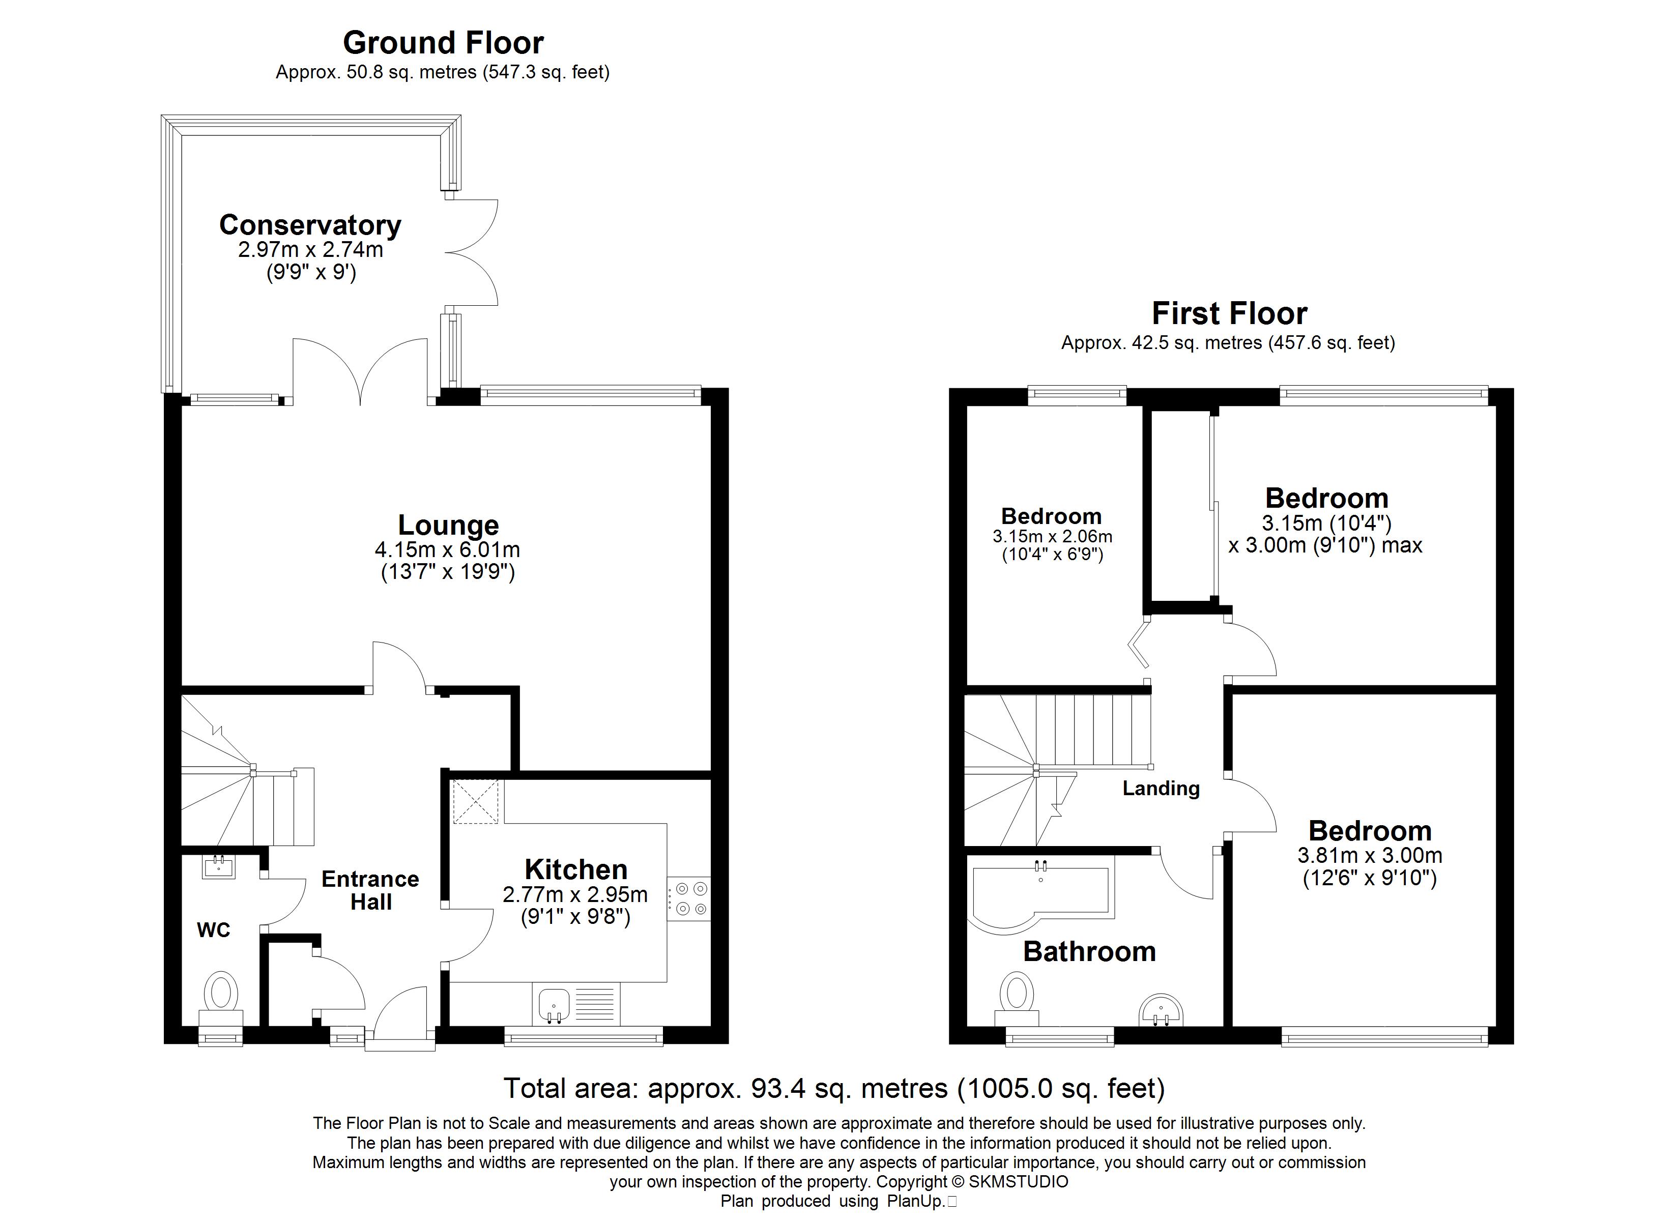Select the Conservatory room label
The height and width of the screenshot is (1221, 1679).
coord(310,225)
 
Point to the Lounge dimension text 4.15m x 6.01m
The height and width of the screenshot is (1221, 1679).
coord(447,549)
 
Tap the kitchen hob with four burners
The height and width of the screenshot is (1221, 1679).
coord(688,898)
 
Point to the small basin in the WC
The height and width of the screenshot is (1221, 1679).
coord(218,867)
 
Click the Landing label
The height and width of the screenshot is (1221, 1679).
coord(1161,789)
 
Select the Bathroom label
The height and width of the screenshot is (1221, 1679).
coord(1089,951)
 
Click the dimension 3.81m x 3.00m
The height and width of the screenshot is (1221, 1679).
coord(1370,855)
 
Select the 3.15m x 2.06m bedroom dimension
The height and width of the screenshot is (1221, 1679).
coord(1052,536)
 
